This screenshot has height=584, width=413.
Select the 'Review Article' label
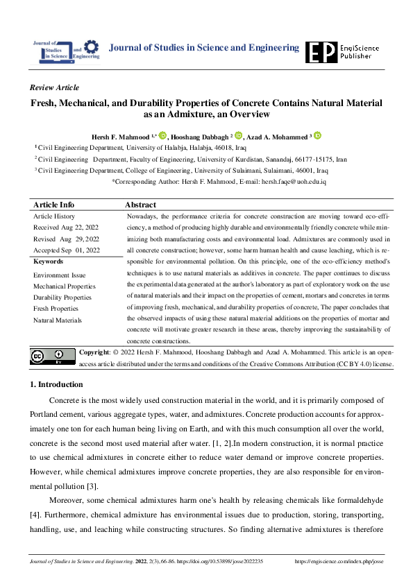(x=55, y=87)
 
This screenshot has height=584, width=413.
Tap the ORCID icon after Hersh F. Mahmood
(x=162, y=135)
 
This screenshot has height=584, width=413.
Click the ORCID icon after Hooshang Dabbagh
(x=238, y=135)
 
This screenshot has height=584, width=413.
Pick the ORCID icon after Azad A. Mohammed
(x=317, y=135)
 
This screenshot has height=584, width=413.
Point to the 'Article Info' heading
(x=53, y=205)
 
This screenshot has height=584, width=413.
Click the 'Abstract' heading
(x=140, y=205)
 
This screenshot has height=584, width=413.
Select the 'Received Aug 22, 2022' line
(x=66, y=227)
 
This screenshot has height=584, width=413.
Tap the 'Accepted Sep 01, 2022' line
(x=67, y=250)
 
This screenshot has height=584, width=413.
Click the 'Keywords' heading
(x=48, y=261)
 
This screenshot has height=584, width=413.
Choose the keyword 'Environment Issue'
(x=60, y=275)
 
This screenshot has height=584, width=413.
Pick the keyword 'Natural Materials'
(x=58, y=320)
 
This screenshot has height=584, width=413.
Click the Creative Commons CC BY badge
(x=53, y=357)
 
